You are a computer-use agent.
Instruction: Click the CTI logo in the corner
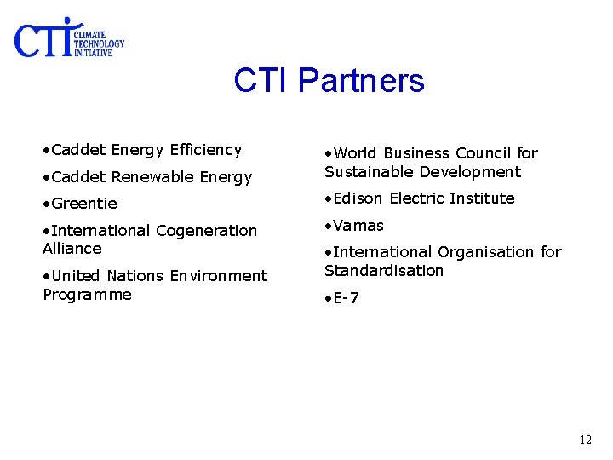coord(68,39)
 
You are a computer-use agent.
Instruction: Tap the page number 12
coord(585,440)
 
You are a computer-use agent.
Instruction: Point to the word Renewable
coord(152,177)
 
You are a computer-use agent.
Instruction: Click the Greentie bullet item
coord(83,204)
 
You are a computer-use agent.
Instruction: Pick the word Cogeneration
coord(206,231)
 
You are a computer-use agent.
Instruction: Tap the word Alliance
coord(72,249)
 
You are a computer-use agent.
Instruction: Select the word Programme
coord(87,295)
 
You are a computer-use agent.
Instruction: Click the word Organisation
coord(489,252)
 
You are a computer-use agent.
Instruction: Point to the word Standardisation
coord(384,271)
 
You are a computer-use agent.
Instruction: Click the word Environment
coord(218,276)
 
